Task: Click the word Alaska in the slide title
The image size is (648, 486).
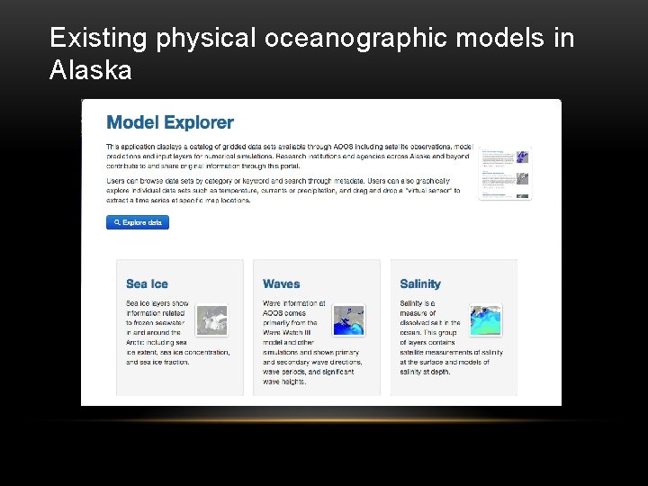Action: [x=90, y=70]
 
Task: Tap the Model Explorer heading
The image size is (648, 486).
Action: [x=170, y=122]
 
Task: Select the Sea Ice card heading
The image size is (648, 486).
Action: [x=147, y=283]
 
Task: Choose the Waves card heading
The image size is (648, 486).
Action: [x=281, y=283]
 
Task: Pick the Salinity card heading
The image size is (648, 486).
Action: [x=420, y=283]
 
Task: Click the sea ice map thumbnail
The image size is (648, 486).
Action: [x=212, y=319]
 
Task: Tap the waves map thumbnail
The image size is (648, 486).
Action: [x=349, y=319]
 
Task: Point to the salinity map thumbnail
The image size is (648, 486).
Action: [x=486, y=319]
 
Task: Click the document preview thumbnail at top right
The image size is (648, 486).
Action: [x=504, y=172]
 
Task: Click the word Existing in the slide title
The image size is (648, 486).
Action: [x=99, y=38]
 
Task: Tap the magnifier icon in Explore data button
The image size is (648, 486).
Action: [x=117, y=222]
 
